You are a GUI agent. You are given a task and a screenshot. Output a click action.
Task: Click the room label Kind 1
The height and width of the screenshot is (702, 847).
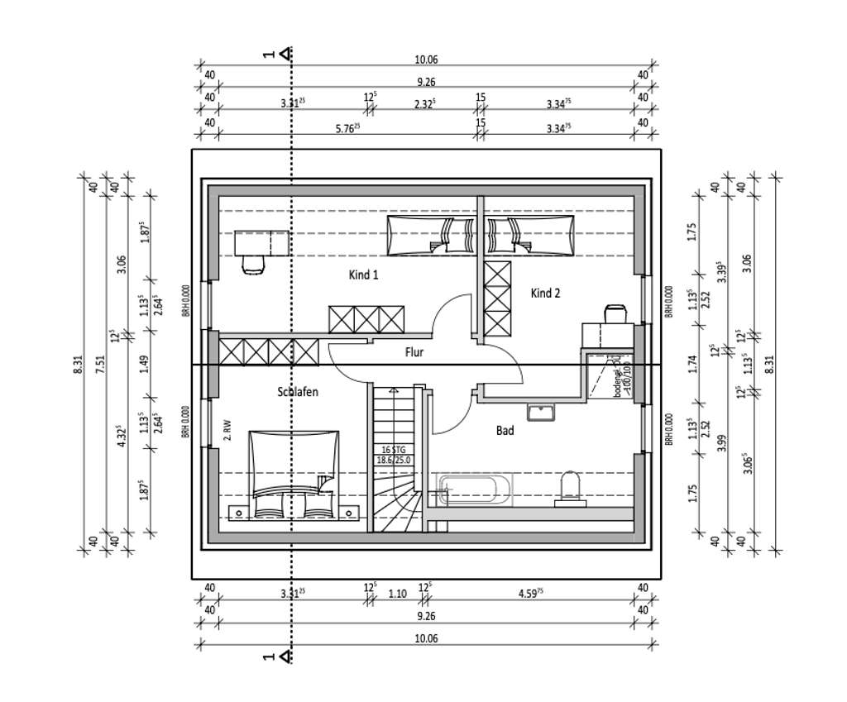point(363,275)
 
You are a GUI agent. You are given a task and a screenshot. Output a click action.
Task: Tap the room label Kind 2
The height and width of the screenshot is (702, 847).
point(545,294)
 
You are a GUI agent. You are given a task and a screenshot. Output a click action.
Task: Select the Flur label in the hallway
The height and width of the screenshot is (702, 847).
point(414,352)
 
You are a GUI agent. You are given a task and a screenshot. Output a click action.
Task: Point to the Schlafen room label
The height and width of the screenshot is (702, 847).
point(297,393)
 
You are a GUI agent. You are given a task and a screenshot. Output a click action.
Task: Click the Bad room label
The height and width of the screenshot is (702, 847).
point(505,430)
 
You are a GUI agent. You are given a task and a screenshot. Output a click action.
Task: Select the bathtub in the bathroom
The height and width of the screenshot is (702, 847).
point(475,490)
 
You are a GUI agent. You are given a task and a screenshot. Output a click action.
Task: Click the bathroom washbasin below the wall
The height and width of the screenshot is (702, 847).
point(541,411)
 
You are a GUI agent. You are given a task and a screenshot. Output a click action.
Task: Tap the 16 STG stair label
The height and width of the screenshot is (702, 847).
point(394,449)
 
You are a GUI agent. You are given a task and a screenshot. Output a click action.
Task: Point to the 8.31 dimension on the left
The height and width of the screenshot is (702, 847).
point(79,364)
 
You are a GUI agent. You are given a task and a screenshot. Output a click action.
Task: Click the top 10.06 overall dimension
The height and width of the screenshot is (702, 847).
point(426,59)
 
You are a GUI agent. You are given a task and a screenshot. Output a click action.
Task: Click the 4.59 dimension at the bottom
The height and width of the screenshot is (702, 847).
point(529,593)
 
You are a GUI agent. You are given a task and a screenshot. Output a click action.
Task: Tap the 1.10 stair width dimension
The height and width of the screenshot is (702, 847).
point(398,593)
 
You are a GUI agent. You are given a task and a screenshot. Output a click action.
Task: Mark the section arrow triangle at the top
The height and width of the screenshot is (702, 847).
point(285,54)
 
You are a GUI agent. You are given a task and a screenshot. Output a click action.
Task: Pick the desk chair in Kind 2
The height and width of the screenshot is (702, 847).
point(615,313)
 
